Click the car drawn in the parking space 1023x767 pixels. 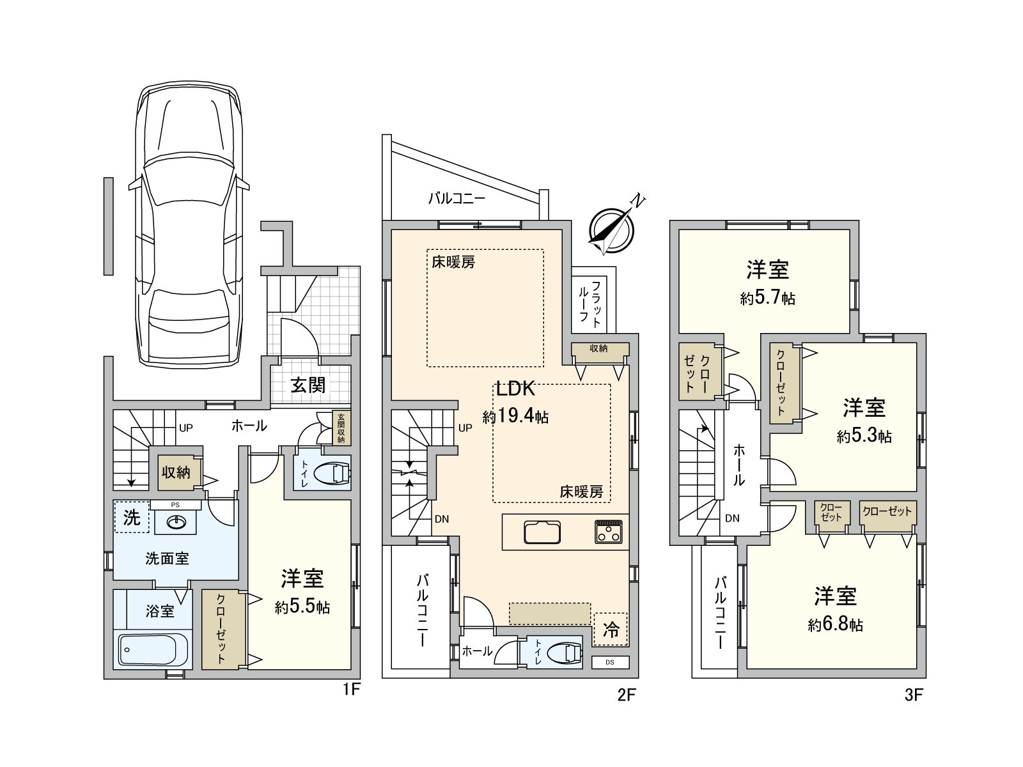click(x=189, y=225)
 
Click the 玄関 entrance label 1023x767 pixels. click(x=308, y=385)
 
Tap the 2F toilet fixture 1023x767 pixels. click(x=564, y=653)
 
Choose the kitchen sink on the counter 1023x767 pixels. click(x=542, y=532)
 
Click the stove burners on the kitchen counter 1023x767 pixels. click(x=608, y=531)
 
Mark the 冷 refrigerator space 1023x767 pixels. click(x=611, y=629)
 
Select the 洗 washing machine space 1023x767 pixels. click(x=132, y=517)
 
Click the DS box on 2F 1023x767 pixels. click(x=610, y=662)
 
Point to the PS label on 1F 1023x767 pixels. click(x=175, y=505)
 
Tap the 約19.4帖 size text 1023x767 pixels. click(x=515, y=415)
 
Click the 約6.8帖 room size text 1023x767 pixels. click(x=835, y=625)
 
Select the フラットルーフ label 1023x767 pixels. click(x=589, y=302)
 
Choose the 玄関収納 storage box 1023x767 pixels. click(x=341, y=428)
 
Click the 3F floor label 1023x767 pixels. click(x=914, y=695)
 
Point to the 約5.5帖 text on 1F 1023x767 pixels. click(x=302, y=607)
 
